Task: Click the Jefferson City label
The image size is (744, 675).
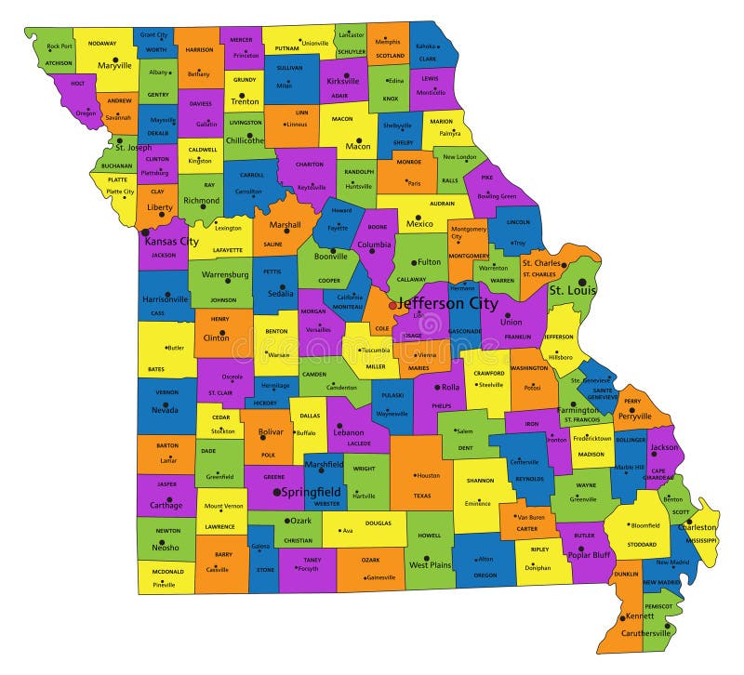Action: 448,303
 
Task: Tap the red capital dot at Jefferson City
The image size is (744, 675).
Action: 392,305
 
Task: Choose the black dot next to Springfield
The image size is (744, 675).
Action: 276,491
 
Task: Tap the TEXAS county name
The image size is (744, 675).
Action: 422,496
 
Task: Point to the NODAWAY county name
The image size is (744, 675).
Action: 102,44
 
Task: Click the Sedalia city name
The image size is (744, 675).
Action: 280,292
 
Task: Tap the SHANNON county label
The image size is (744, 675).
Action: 480,481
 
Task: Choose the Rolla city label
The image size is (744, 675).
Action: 450,387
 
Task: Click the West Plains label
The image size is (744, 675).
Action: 431,564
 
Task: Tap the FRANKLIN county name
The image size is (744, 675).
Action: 517,336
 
